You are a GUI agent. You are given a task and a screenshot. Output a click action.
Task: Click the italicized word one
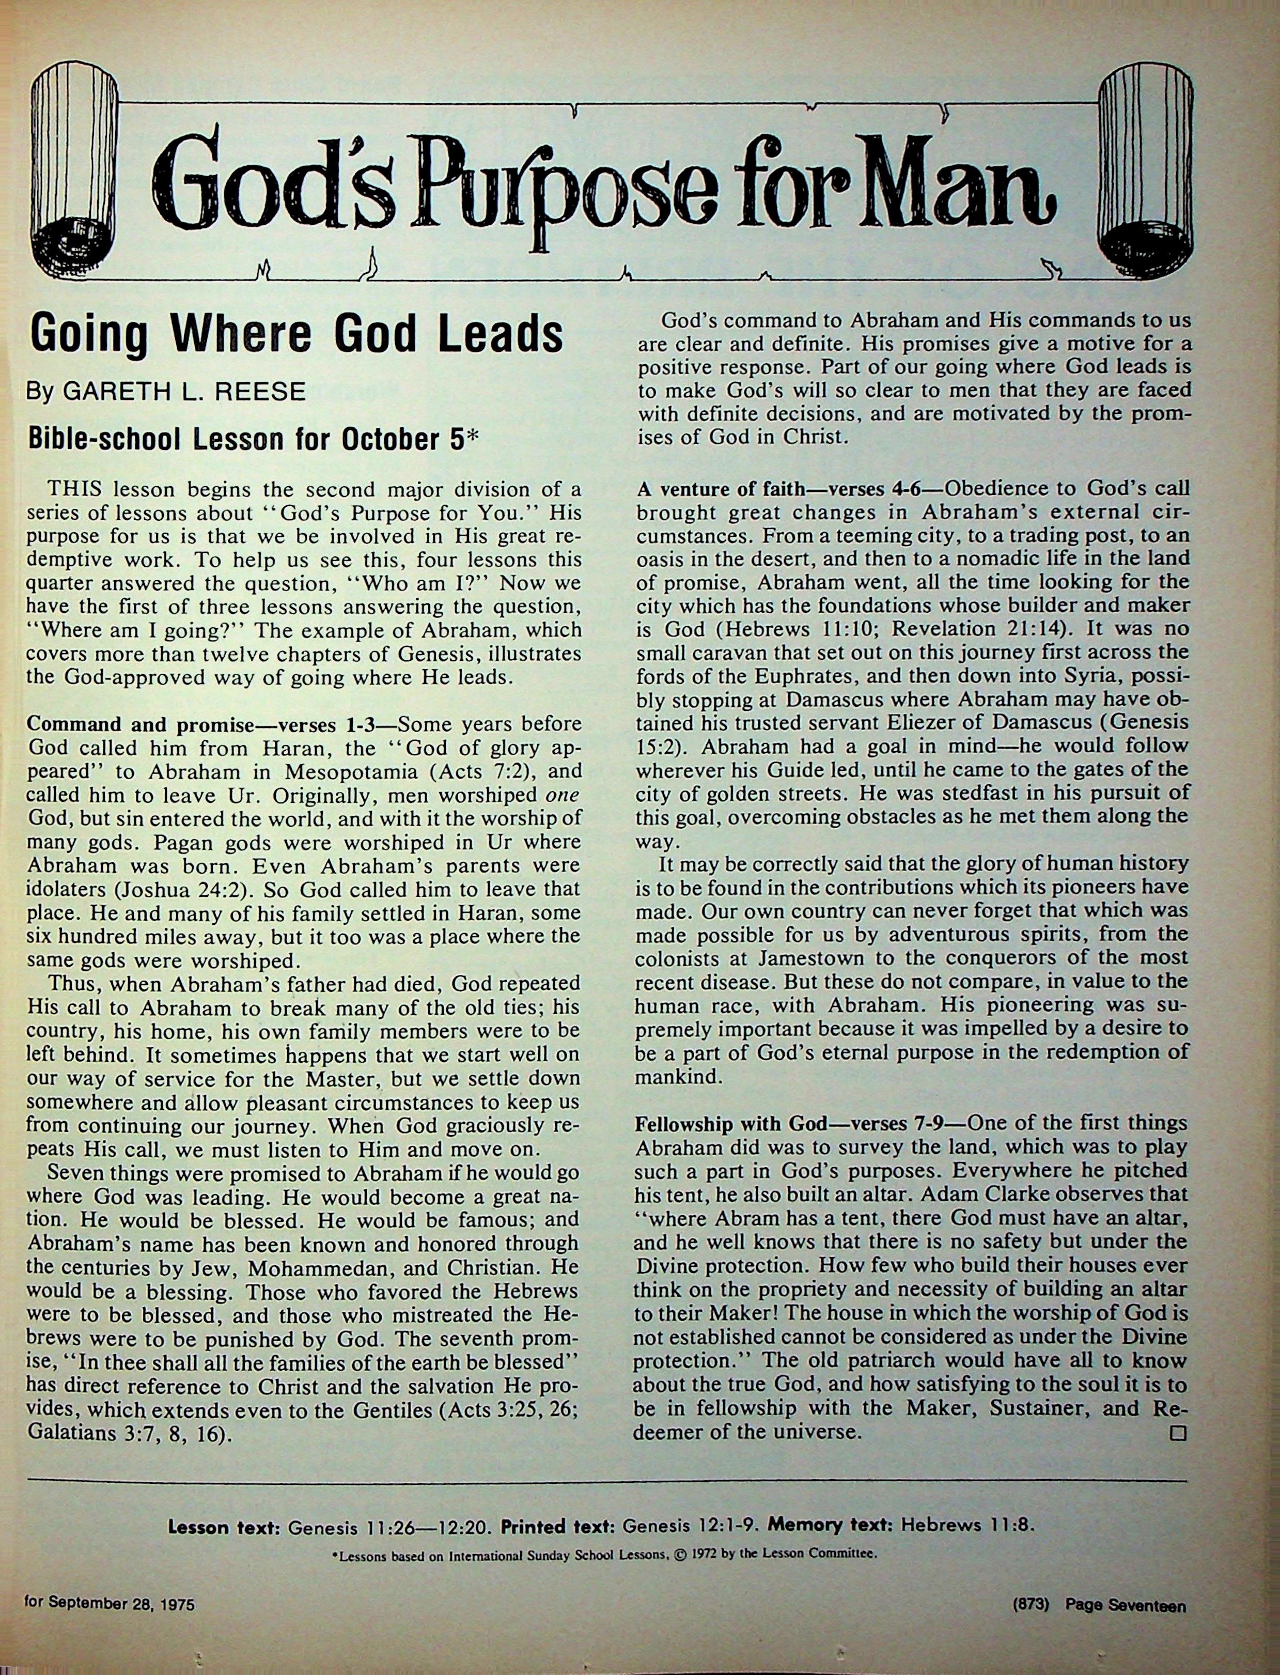pos(564,794)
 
